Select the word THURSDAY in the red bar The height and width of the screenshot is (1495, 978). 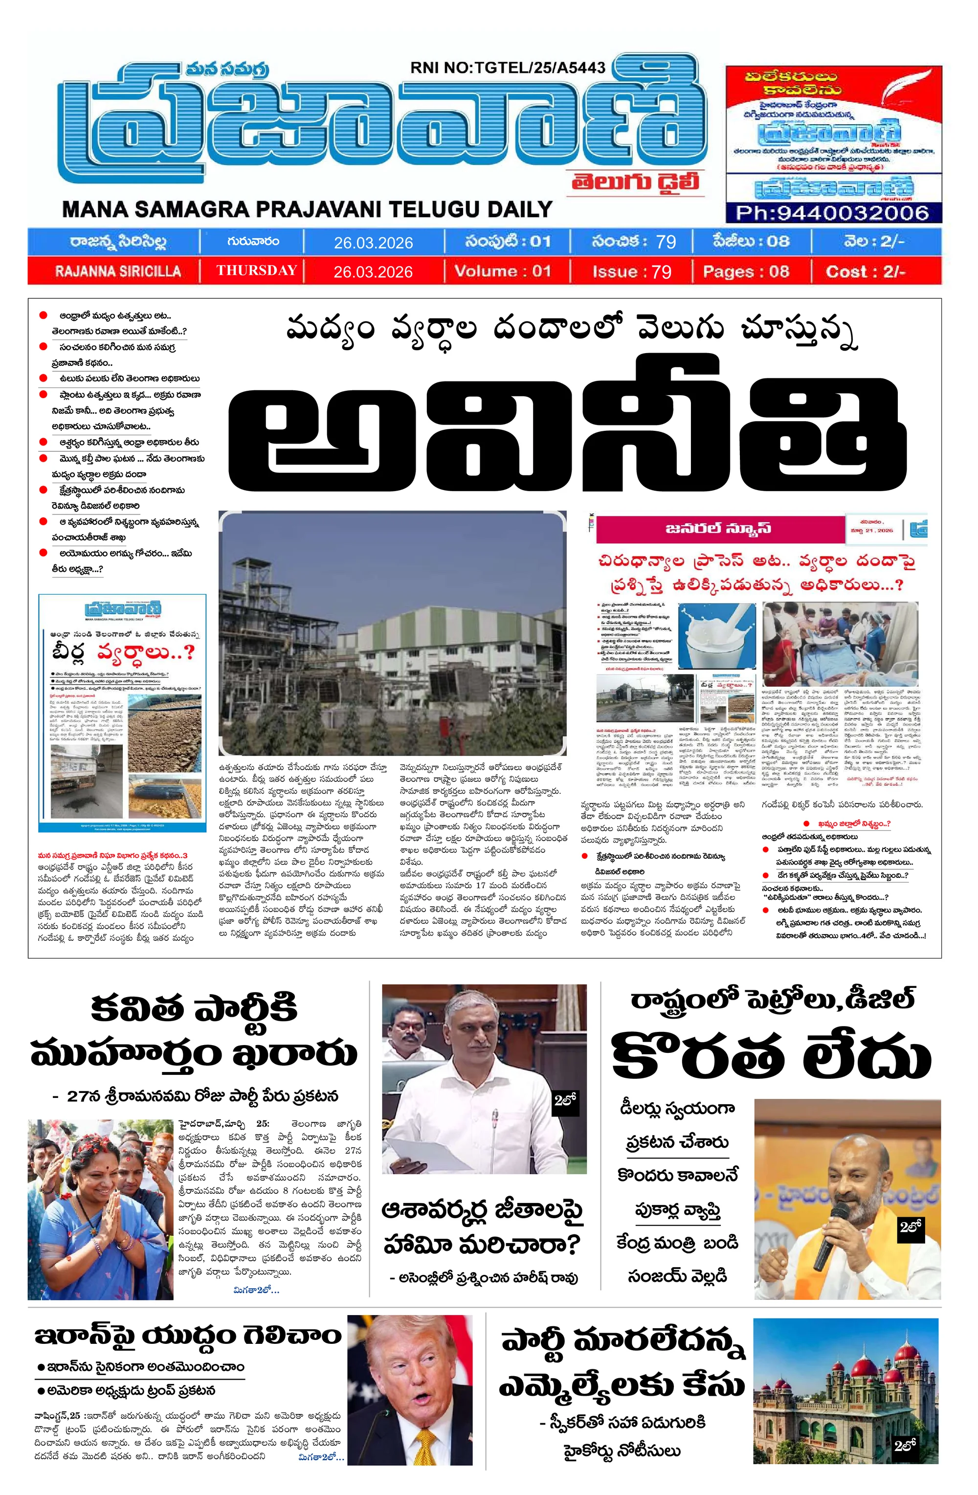pyautogui.click(x=256, y=271)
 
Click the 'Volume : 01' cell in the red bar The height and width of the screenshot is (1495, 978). pyautogui.click(x=503, y=271)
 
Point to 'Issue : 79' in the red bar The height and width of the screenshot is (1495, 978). pyautogui.click(x=631, y=271)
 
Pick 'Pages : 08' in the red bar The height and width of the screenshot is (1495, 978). pyautogui.click(x=746, y=271)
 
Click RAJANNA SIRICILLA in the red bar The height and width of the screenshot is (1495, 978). pyautogui.click(x=117, y=271)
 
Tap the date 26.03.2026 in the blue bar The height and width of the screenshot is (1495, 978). pyautogui.click(x=373, y=243)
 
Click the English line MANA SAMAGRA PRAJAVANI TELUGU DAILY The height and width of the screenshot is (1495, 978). pyautogui.click(x=307, y=208)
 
